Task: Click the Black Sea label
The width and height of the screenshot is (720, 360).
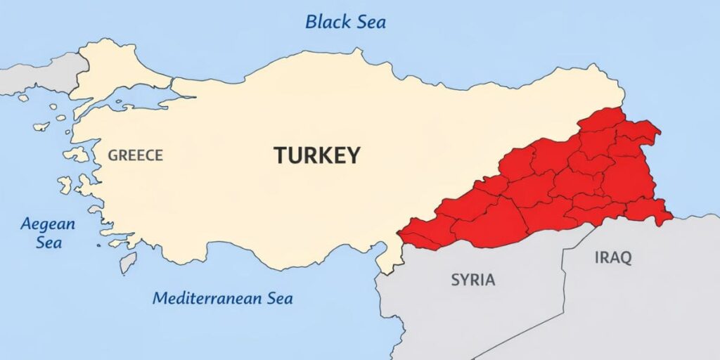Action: click(345, 22)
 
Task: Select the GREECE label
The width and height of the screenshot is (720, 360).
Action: click(135, 155)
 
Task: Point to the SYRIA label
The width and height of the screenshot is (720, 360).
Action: click(472, 280)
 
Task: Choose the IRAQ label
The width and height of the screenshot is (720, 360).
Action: click(613, 257)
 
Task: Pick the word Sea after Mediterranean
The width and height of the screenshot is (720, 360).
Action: click(279, 298)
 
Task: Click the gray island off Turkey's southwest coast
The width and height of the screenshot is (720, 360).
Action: click(128, 262)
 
